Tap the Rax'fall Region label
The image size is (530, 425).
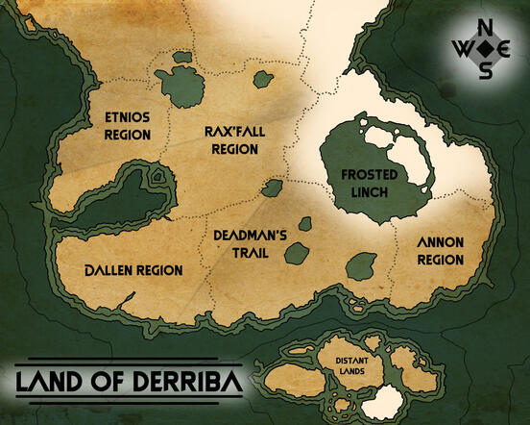click(x=233, y=140)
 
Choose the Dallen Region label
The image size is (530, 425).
click(x=133, y=271)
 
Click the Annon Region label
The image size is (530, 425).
click(x=440, y=251)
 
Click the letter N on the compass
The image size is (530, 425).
click(x=487, y=26)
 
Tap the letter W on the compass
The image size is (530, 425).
click(x=466, y=48)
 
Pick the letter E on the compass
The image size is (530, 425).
click(x=507, y=48)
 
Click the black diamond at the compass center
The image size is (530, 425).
click(x=487, y=48)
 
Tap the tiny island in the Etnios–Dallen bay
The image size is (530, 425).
click(x=157, y=178)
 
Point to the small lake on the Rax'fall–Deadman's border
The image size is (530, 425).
click(x=273, y=187)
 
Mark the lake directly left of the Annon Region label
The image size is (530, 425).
click(x=362, y=265)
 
